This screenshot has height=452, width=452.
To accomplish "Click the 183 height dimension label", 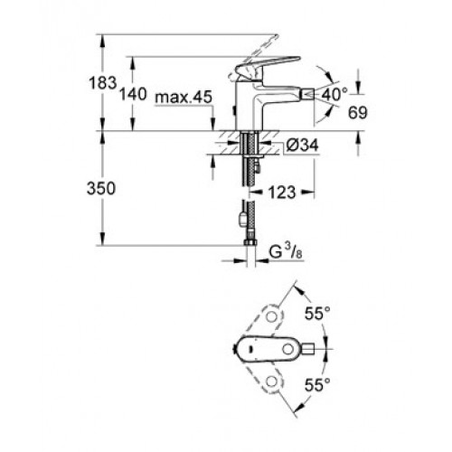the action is coord(103,83).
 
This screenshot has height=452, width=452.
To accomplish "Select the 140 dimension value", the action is coord(133,94).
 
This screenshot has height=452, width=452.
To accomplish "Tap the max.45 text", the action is coord(184,98).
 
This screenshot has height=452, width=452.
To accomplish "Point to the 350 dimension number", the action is coord(101,189).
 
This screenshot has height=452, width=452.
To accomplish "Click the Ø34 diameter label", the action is coord(302,146).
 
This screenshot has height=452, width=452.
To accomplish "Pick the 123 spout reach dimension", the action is coord(282,193).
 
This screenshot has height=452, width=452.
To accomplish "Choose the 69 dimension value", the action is coord(358,113).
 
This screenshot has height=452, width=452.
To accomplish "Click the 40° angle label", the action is coord(334,95).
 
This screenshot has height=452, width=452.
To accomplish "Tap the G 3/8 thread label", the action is coord(286,252).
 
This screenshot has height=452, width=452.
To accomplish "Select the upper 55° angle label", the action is coord(317,314).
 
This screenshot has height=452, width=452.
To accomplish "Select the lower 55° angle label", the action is coord(317,384).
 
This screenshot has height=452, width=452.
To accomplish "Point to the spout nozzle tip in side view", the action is coord(307,95).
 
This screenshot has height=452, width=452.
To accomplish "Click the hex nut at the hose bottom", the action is coord(250,242).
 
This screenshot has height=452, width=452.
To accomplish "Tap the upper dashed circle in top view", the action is coord(273,316).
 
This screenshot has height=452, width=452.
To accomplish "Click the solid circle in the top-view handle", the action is coord(287,349).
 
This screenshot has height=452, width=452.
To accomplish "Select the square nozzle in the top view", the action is coord(307,349).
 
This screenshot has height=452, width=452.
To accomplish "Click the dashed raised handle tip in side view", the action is coord(274,38).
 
